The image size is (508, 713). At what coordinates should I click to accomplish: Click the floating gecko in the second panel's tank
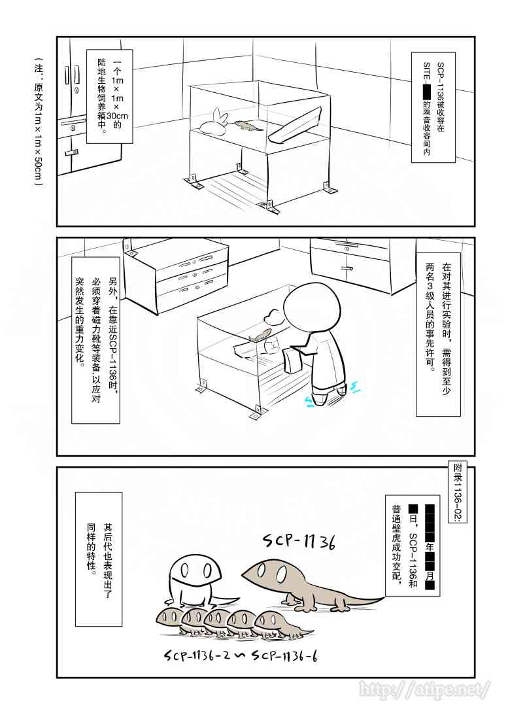[260, 336]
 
